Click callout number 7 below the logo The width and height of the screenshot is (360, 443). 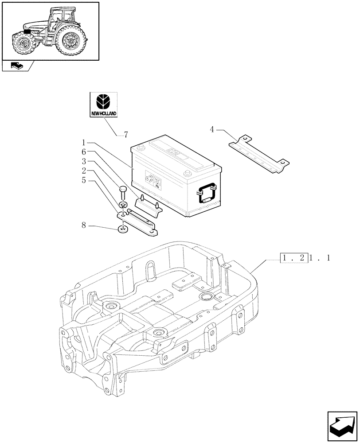click(126, 134)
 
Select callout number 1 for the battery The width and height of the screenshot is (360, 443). click(83, 143)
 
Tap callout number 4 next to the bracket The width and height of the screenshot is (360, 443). click(212, 130)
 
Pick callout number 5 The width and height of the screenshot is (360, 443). click(83, 181)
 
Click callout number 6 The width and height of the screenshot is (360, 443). click(83, 152)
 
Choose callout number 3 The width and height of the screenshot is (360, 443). click(83, 161)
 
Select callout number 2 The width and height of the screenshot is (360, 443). click(83, 171)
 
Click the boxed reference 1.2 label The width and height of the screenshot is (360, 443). click(293, 258)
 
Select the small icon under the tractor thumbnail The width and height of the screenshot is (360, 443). click(16, 66)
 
